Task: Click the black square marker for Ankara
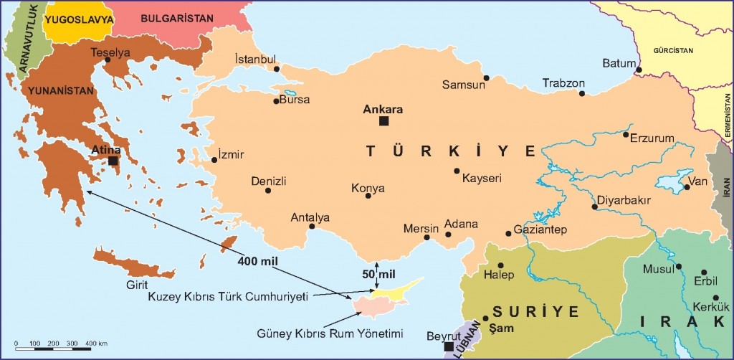(384, 121)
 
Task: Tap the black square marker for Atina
(113, 161)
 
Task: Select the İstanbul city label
(256, 59)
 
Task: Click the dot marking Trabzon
(582, 93)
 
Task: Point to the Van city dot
(687, 187)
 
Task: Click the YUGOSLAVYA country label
(79, 19)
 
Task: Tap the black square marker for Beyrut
(448, 347)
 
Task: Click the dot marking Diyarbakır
(594, 207)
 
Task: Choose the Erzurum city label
(652, 138)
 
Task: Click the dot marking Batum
(638, 70)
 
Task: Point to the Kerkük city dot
(715, 298)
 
